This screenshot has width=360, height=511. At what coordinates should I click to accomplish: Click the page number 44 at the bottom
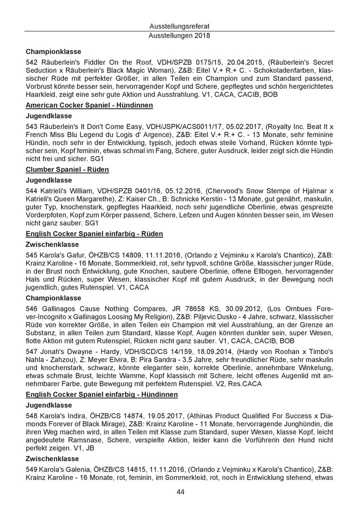180,492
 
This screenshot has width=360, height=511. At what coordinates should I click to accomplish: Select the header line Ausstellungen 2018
180,36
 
